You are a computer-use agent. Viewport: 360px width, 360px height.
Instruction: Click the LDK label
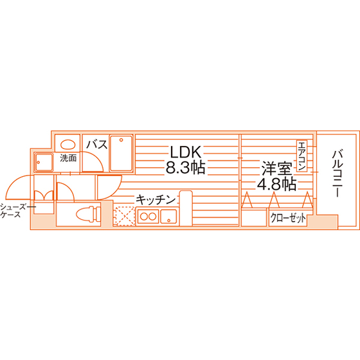click(x=186, y=152)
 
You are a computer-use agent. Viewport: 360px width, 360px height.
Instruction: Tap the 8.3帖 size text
click(x=185, y=167)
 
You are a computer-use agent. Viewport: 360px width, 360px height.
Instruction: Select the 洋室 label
click(x=277, y=168)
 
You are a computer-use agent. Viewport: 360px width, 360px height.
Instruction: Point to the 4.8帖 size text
click(x=276, y=184)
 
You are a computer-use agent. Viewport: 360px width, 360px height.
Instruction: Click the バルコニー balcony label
click(x=337, y=174)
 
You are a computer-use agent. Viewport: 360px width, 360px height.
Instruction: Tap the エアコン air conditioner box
click(x=301, y=156)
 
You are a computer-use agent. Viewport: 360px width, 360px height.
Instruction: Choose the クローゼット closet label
click(x=288, y=218)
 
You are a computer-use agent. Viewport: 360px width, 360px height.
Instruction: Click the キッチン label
click(x=156, y=200)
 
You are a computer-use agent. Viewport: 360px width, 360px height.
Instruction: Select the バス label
click(x=96, y=145)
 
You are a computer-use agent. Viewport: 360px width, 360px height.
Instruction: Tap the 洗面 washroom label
click(x=68, y=158)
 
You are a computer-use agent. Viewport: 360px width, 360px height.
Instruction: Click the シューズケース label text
click(x=16, y=211)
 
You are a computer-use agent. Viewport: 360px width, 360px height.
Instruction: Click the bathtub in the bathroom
click(x=122, y=153)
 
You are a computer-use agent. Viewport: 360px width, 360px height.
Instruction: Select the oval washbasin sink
click(x=68, y=145)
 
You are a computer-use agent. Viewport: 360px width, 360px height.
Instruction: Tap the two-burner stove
click(x=148, y=216)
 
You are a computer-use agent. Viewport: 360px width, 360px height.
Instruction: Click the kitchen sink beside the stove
click(x=168, y=216)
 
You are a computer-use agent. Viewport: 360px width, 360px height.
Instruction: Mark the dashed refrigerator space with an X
click(x=125, y=216)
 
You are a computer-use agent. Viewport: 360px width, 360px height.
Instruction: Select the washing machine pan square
click(x=44, y=163)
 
